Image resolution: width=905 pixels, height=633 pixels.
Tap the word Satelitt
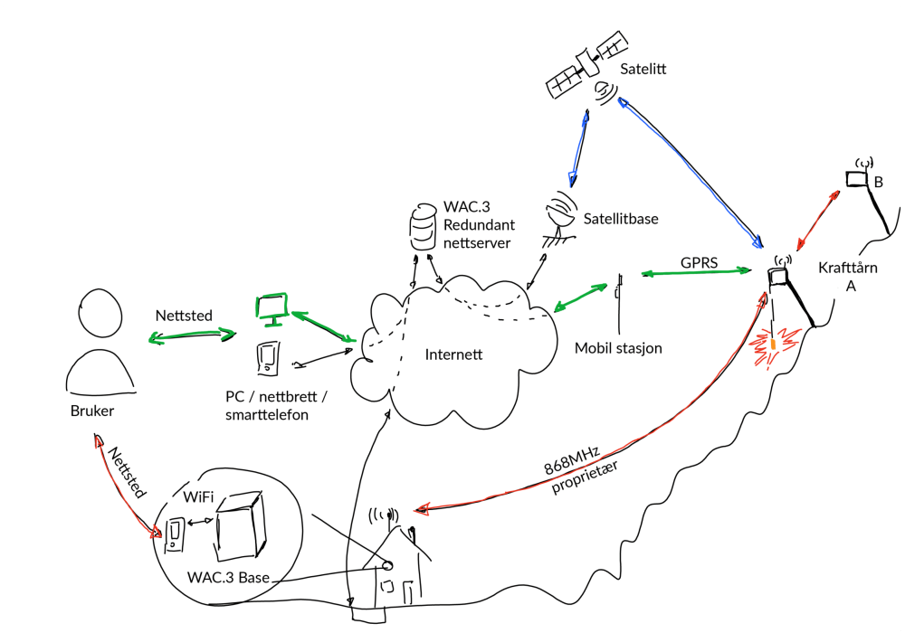[643, 69]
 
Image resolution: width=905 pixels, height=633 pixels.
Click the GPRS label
[699, 261]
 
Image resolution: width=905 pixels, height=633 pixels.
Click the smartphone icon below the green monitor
[267, 359]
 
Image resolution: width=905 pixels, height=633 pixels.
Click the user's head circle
[95, 314]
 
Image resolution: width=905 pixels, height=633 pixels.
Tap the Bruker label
[93, 411]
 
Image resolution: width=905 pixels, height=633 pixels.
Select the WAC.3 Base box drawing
[241, 529]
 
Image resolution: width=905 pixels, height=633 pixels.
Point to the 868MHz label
[571, 460]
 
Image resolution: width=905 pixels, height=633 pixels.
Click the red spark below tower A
[773, 346]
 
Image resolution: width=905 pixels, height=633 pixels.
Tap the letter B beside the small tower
[878, 182]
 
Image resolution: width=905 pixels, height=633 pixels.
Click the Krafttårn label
[849, 268]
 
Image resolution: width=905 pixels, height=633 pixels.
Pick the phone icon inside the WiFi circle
[175, 534]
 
